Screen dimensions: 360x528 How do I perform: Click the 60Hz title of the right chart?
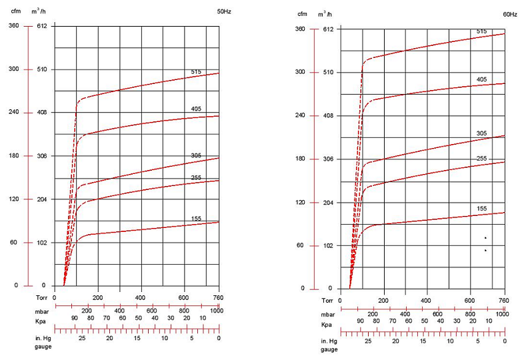pyautogui.click(x=510, y=14)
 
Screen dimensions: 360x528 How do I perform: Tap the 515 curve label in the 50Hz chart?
pyautogui.click(x=196, y=71)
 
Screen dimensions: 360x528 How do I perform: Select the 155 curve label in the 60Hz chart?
pyautogui.click(x=482, y=209)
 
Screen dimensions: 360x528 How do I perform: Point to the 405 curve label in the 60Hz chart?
pyautogui.click(x=482, y=79)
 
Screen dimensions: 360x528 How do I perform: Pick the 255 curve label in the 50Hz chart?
pyautogui.click(x=196, y=177)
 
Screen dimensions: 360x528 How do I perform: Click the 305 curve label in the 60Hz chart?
pyautogui.click(x=482, y=133)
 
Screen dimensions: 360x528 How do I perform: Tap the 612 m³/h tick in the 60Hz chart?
pyautogui.click(x=327, y=29)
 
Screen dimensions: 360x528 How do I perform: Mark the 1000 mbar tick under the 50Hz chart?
pyautogui.click(x=216, y=311)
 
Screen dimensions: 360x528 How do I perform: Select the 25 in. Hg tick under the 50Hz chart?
pyautogui.click(x=82, y=338)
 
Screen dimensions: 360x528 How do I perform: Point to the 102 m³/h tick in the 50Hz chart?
pyautogui.click(x=41, y=243)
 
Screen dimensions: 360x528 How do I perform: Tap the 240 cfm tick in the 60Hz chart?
pyautogui.click(x=300, y=115)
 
